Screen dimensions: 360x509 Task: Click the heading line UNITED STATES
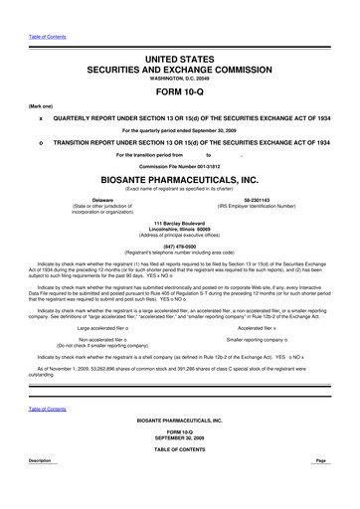(x=180, y=61)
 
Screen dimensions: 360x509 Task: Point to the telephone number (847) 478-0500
(x=180, y=245)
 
